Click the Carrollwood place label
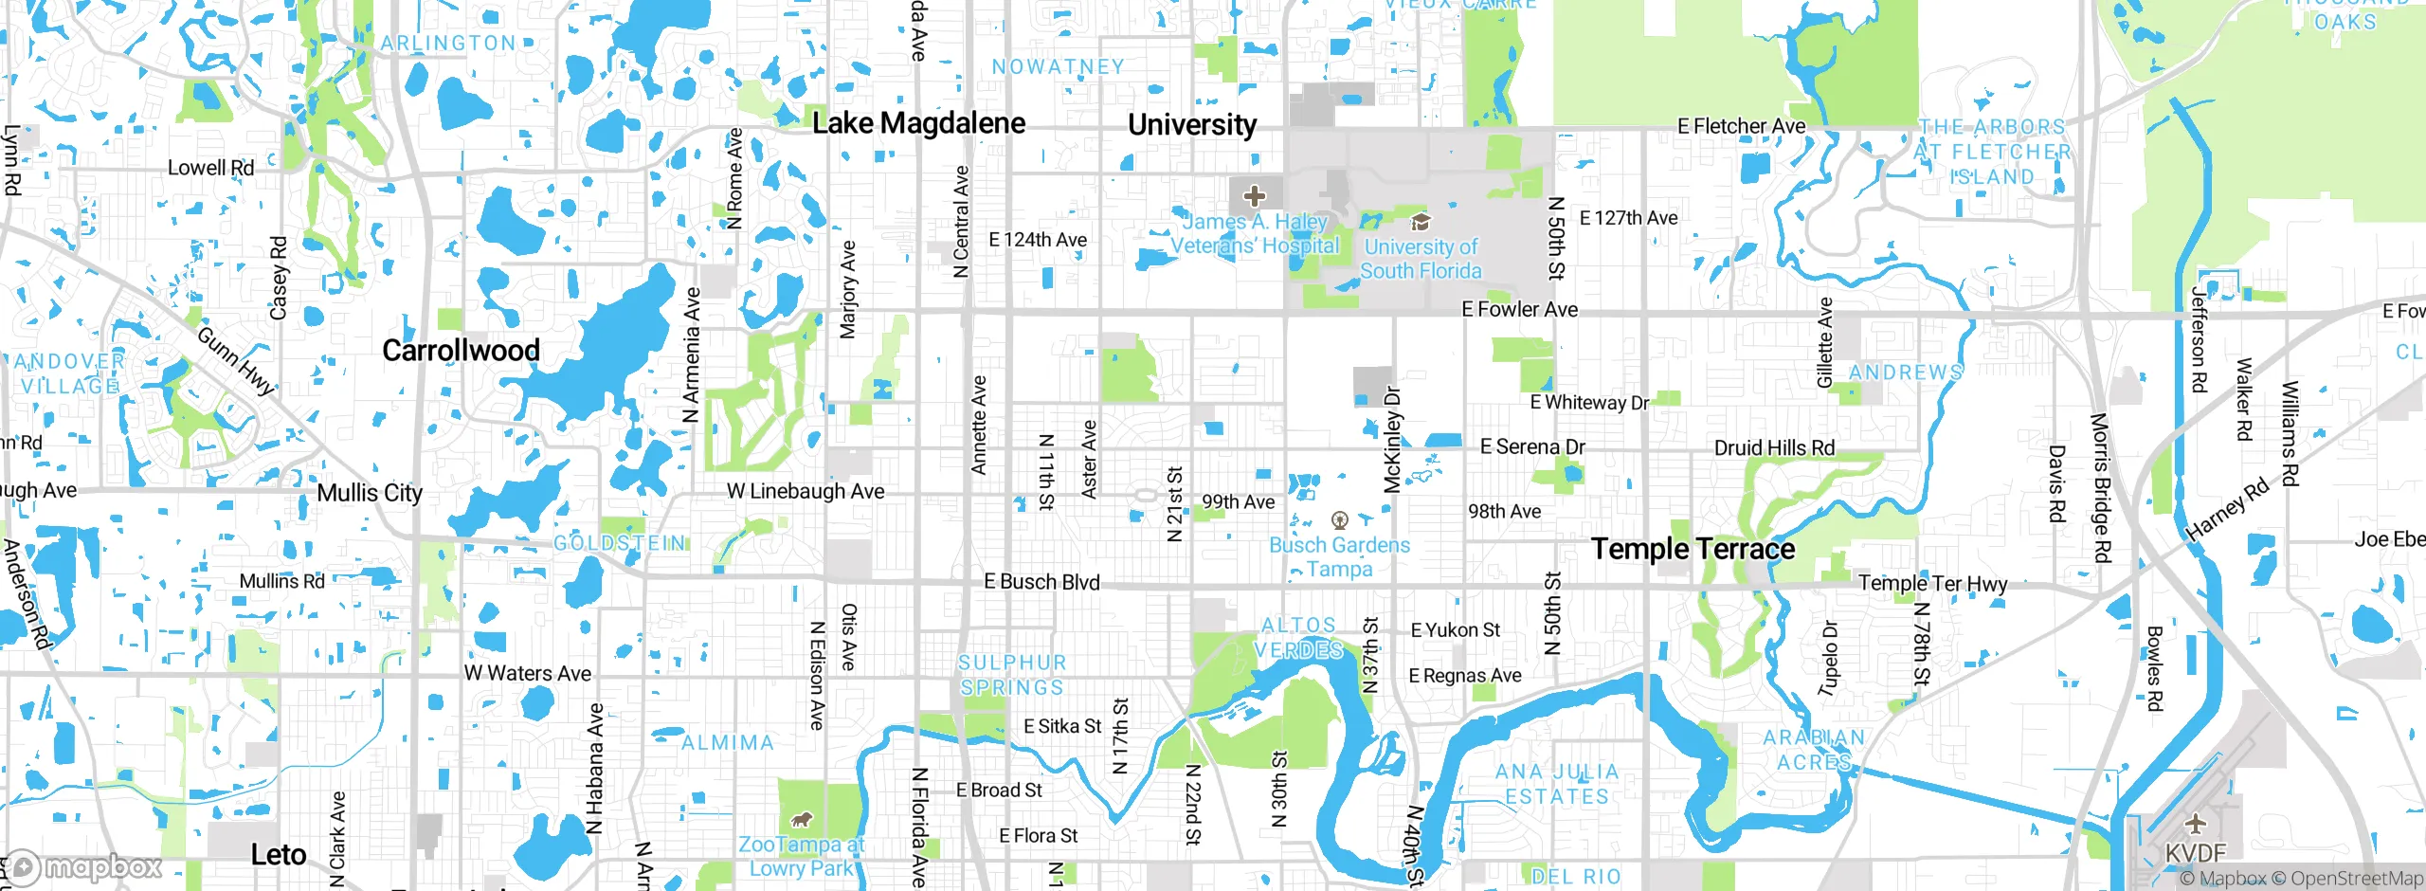pos(461,351)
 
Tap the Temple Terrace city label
pos(1693,549)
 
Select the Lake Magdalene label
pos(918,123)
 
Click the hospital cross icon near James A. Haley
pos(1254,196)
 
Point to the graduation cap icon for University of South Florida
pos(1420,222)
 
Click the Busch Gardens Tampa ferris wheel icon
pos(1339,519)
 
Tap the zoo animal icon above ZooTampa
pos(802,819)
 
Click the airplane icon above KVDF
pos(2195,823)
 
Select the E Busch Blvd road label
pos(1041,582)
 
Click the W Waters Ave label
pos(527,673)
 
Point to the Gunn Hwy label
pos(235,361)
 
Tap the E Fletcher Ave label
pos(1741,126)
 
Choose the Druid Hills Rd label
pos(1774,447)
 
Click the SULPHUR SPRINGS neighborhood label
pos(1012,675)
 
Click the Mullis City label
pos(370,493)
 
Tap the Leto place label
pos(278,855)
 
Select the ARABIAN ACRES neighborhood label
pos(1813,750)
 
